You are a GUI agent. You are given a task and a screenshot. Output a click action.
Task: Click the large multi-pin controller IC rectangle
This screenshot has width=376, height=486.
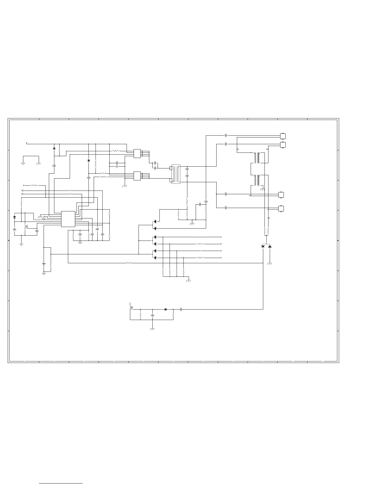68,219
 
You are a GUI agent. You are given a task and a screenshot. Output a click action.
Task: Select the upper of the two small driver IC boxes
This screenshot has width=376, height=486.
137,153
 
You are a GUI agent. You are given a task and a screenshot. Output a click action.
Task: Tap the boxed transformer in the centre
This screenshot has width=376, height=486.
175,174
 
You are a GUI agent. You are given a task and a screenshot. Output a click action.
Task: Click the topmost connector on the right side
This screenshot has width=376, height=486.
283,136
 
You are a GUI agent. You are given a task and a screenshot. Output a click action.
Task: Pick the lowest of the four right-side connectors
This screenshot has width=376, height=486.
281,209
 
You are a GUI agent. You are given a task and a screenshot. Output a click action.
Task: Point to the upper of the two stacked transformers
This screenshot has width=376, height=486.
257,158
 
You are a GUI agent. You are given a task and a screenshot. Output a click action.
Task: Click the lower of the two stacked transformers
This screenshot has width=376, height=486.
257,180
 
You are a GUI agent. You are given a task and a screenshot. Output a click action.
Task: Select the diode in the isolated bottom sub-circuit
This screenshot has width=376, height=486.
166,309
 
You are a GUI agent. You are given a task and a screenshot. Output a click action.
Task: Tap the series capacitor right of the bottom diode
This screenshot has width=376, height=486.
181,309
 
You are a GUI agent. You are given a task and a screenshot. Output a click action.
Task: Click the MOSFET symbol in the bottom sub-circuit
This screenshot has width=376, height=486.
131,307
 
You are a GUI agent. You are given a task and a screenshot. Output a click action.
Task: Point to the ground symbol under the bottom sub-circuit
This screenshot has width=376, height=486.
152,329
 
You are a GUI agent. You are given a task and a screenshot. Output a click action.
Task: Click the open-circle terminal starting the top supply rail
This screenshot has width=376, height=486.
27,143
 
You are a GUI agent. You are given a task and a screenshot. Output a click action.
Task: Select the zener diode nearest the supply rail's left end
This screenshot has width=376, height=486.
54,148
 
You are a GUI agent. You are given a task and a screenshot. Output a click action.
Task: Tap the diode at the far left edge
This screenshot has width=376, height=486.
14,217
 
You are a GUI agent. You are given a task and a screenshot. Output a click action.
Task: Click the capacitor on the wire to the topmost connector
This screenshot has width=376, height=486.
226,135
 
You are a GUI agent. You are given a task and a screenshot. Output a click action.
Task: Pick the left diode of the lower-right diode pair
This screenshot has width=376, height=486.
263,246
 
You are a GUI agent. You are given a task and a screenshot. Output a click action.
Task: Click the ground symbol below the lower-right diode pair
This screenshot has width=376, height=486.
270,264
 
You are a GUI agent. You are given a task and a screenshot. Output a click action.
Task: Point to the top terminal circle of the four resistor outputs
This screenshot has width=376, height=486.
221,237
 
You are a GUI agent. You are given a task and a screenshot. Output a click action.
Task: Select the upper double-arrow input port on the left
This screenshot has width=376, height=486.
22,191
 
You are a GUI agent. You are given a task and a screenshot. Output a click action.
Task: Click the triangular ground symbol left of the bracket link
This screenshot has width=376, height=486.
23,164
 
